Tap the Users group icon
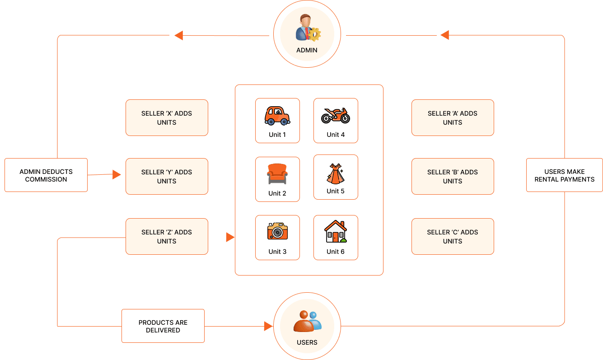pyautogui.click(x=307, y=321)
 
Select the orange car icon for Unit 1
pyautogui.click(x=277, y=115)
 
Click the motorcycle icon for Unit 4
pyautogui.click(x=336, y=115)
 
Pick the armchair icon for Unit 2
pyautogui.click(x=277, y=174)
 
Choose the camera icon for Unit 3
pyautogui.click(x=277, y=231)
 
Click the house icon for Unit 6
pyautogui.click(x=336, y=232)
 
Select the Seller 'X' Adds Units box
pyautogui.click(x=167, y=118)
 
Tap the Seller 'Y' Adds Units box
pyautogui.click(x=167, y=177)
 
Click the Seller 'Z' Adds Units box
pyautogui.click(x=167, y=237)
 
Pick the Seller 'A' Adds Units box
pyautogui.click(x=453, y=118)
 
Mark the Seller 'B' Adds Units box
pyautogui.click(x=453, y=177)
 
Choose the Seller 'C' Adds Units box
pyautogui.click(x=453, y=237)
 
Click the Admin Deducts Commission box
pyautogui.click(x=46, y=175)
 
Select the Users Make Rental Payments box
pyautogui.click(x=564, y=175)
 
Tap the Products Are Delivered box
pyautogui.click(x=163, y=326)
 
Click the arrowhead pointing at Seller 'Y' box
pyautogui.click(x=117, y=174)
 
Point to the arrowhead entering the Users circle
pyautogui.click(x=268, y=326)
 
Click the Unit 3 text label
pyautogui.click(x=277, y=252)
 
